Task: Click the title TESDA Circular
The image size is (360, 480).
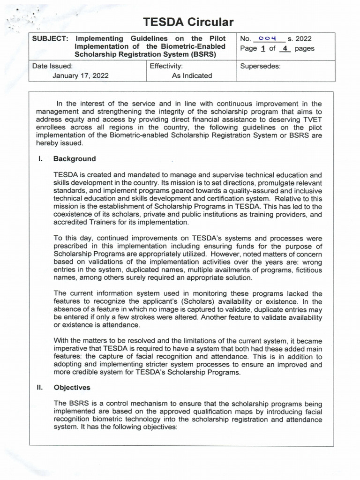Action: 188,22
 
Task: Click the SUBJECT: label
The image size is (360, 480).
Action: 51,38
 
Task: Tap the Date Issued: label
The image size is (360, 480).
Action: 52,66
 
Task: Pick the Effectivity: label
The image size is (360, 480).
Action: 166,66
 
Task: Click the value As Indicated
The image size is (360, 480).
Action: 192,75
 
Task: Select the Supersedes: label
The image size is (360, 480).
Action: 260,66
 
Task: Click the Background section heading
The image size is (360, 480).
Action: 74,158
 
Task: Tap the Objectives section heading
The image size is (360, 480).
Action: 72,388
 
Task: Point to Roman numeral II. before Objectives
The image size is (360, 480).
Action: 41,388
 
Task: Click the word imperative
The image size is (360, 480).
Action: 73,349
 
